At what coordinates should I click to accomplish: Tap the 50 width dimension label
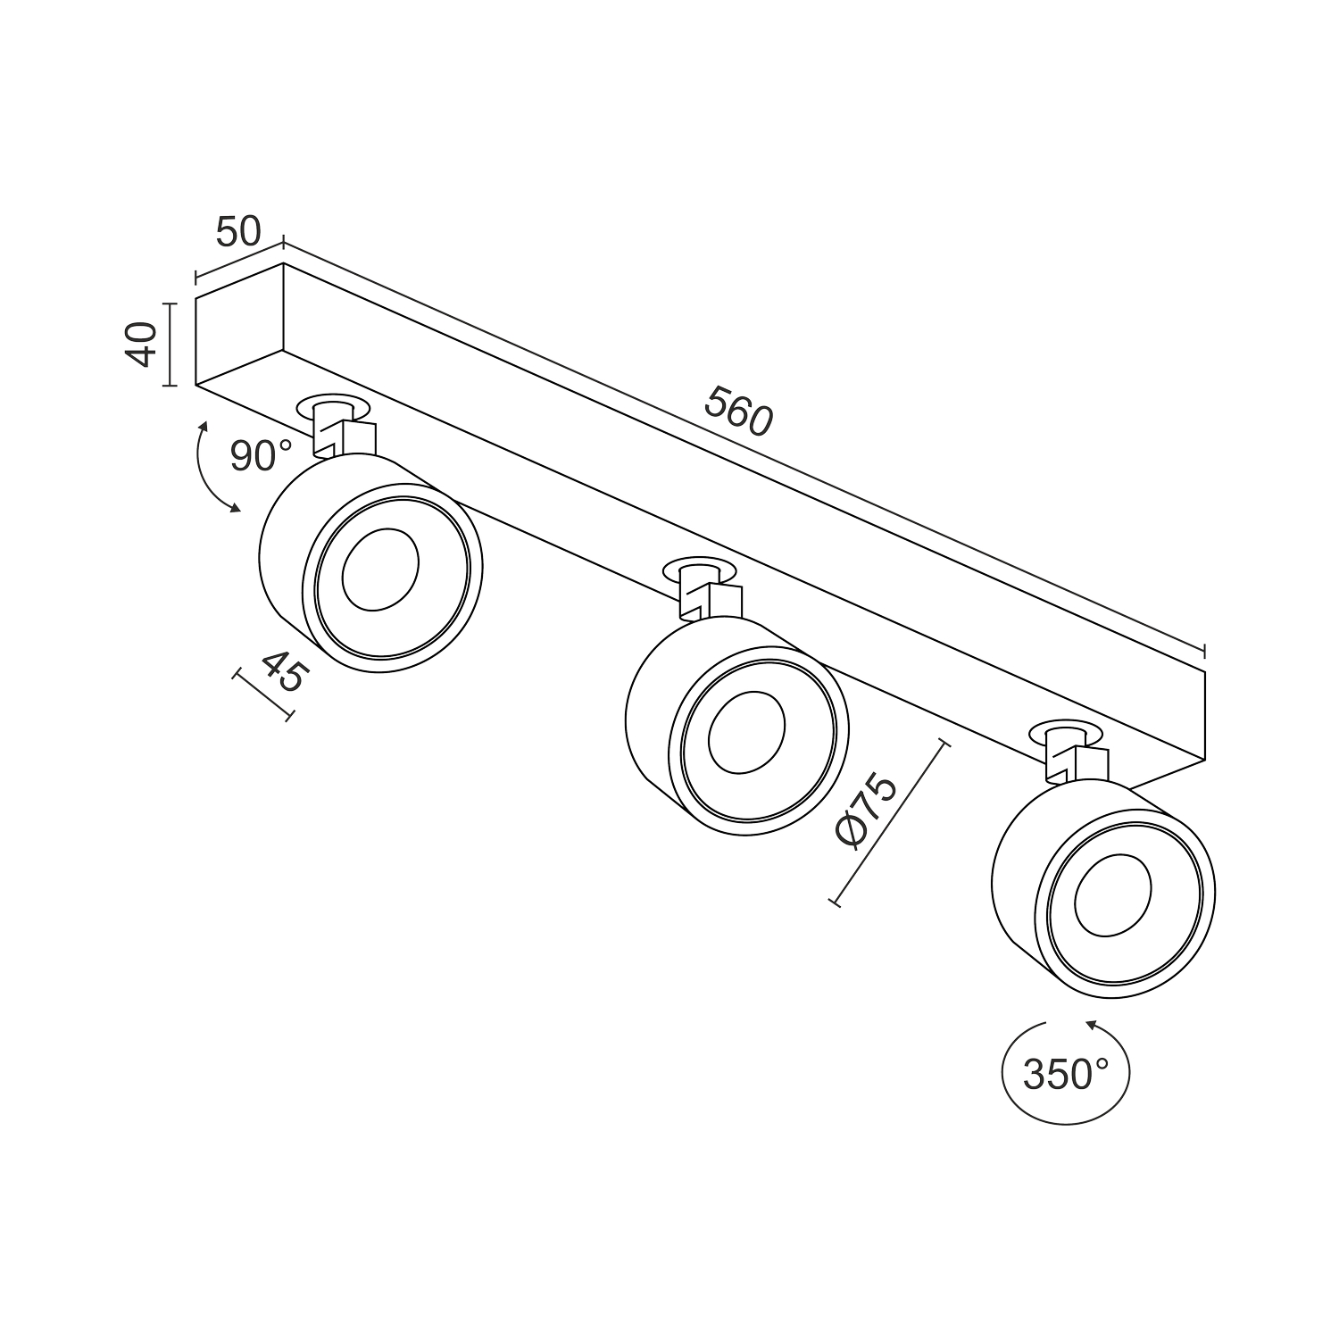pyautogui.click(x=237, y=231)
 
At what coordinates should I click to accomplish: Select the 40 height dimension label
pyautogui.click(x=141, y=345)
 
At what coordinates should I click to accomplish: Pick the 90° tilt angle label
pyautogui.click(x=260, y=456)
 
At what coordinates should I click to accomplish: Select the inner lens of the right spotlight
pyautogui.click(x=1113, y=895)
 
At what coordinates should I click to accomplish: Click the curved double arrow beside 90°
pyautogui.click(x=207, y=469)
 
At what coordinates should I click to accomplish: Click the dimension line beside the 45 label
pyautogui.click(x=263, y=694)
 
